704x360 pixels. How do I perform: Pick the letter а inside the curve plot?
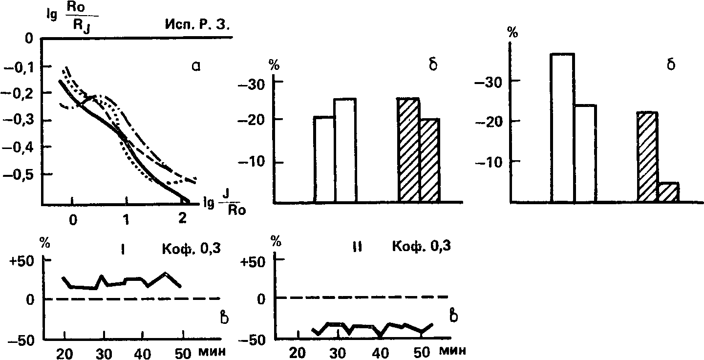click(196, 66)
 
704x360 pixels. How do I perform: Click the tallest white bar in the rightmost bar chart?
click(562, 128)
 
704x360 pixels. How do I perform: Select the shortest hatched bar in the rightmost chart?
click(668, 192)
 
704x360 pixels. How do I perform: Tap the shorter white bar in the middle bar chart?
click(324, 159)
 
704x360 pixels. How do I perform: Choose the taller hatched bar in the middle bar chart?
click(408, 150)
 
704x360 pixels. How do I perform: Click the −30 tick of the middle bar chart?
click(255, 84)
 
